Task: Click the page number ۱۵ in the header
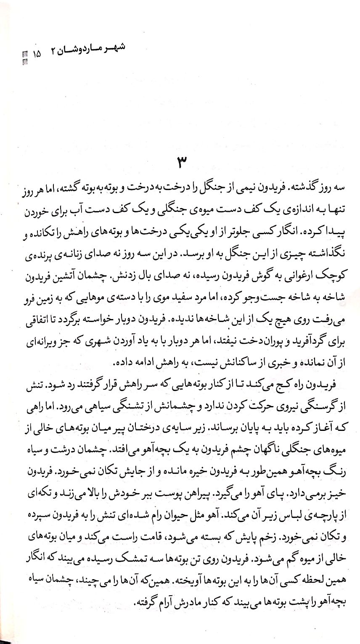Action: tap(36, 54)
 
